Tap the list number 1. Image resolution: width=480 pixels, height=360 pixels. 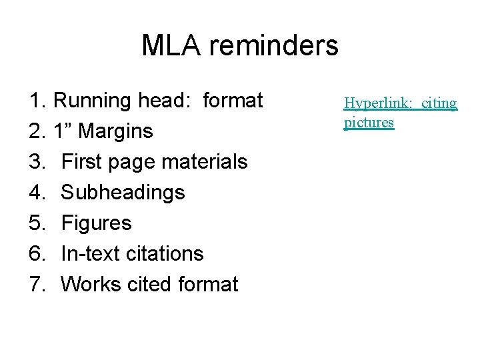(x=37, y=101)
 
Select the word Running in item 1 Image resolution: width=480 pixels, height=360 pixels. (x=93, y=101)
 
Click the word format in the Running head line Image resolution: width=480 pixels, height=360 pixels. (x=233, y=101)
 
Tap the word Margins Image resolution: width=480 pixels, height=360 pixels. (x=115, y=131)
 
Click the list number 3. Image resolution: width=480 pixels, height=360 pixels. (x=37, y=162)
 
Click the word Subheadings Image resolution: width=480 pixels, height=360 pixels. (x=123, y=193)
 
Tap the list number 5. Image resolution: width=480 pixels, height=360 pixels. (x=37, y=223)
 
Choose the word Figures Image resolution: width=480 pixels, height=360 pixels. (x=97, y=223)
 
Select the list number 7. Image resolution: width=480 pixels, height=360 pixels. (x=37, y=285)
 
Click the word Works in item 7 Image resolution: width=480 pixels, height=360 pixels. (x=90, y=285)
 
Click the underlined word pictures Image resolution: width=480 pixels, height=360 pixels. (x=369, y=123)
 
